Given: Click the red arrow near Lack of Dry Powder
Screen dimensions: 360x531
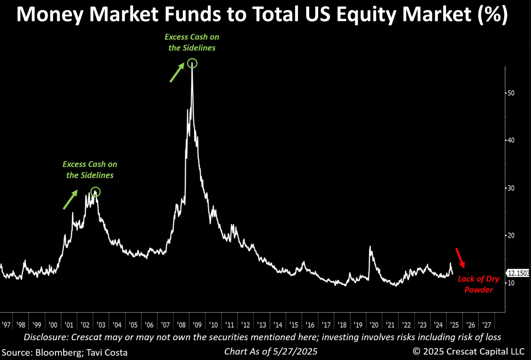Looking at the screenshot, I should tap(460, 258).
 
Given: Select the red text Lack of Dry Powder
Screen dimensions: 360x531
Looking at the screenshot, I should tap(478, 284).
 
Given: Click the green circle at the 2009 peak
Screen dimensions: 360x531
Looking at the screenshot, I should tap(192, 63).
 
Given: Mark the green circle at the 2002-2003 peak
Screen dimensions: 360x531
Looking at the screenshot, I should tap(96, 192).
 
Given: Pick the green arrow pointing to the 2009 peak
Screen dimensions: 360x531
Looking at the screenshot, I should tap(176, 73).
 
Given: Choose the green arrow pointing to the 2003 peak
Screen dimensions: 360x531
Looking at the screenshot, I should tap(70, 200).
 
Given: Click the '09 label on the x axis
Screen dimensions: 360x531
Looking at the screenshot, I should tap(197, 325).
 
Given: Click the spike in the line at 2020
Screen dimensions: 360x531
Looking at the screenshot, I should tap(370, 247).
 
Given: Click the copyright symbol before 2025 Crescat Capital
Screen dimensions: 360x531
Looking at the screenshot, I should tap(417, 352).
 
